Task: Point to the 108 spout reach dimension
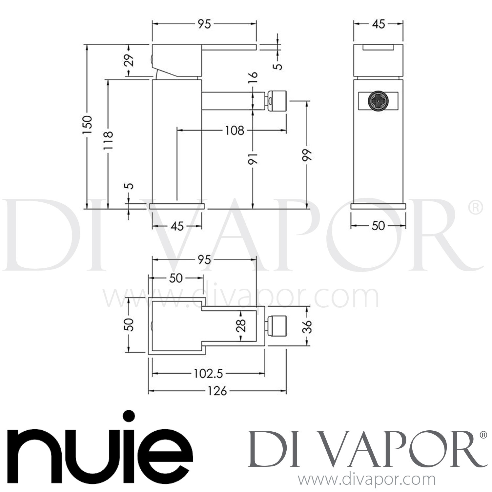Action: [x=235, y=131]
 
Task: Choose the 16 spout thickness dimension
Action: [x=254, y=79]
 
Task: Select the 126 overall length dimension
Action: [x=217, y=391]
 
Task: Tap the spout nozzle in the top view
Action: [x=276, y=326]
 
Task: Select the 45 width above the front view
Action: [x=378, y=24]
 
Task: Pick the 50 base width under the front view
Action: [x=378, y=226]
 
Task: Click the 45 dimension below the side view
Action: [x=177, y=226]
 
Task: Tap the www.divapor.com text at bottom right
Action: [x=368, y=480]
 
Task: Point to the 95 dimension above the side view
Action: [x=204, y=24]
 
